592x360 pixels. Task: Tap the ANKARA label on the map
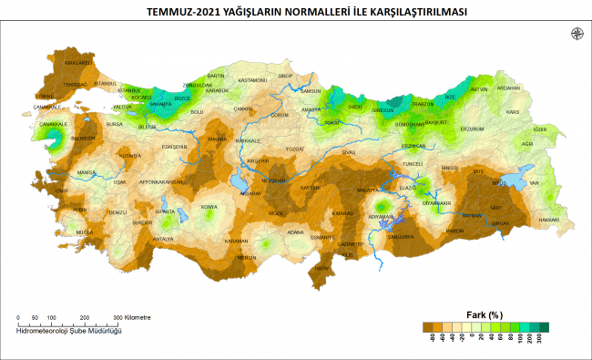pos(218,139)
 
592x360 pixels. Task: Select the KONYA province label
pos(209,206)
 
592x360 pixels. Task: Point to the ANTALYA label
pos(162,239)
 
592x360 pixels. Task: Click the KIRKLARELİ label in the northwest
pos(79,63)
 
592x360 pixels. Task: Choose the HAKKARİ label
pos(548,220)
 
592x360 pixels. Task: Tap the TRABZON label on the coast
pos(423,104)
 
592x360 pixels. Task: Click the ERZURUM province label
pos(472,129)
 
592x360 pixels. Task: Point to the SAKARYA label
pos(159,105)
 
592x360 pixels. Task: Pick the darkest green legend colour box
pos(544,325)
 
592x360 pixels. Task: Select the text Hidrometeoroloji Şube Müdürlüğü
pos(69,330)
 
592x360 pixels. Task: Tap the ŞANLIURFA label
pos(401,236)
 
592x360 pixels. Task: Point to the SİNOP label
pos(284,76)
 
